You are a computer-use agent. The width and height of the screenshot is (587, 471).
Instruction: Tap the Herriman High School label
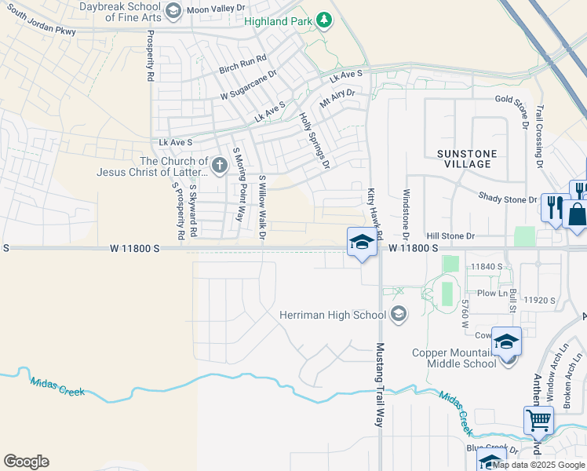(x=333, y=315)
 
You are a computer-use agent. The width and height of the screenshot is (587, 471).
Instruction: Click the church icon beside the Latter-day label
(x=220, y=166)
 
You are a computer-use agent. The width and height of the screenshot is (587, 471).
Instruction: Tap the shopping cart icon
(x=538, y=420)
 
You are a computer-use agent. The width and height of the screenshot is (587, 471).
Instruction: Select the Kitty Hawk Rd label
(x=374, y=213)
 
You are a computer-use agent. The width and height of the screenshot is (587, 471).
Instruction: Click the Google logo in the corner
(x=26, y=462)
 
